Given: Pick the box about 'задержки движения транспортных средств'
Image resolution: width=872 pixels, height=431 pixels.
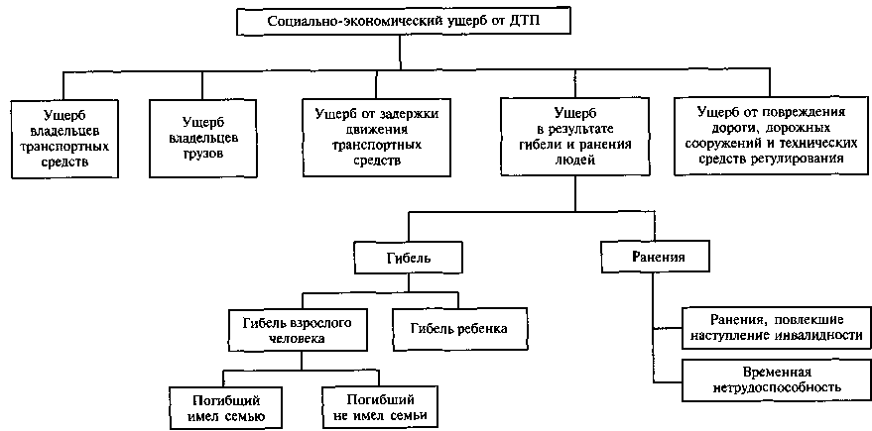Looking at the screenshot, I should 368,137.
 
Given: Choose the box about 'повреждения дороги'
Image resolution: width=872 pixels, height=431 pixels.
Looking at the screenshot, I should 770,137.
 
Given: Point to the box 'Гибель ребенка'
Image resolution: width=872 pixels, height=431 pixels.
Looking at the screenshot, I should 458,328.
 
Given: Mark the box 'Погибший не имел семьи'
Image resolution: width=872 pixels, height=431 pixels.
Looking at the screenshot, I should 381,407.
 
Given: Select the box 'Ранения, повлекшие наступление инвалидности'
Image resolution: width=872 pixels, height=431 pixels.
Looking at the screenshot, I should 777,328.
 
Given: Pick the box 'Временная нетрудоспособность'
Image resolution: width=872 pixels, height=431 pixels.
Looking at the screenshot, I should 776,378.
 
